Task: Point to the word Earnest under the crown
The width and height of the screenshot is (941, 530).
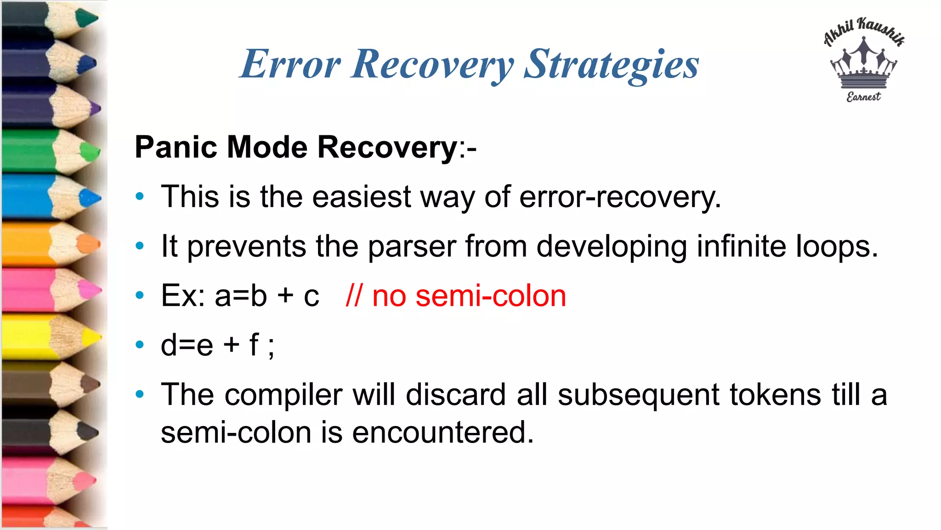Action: [x=864, y=97]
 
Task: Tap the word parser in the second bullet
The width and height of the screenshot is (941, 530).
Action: [x=412, y=246]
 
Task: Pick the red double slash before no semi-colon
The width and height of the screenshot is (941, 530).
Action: [x=354, y=295]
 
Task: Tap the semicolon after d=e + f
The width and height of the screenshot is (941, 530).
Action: [x=271, y=346]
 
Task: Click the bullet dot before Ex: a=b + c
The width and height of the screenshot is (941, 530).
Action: [x=140, y=295]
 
